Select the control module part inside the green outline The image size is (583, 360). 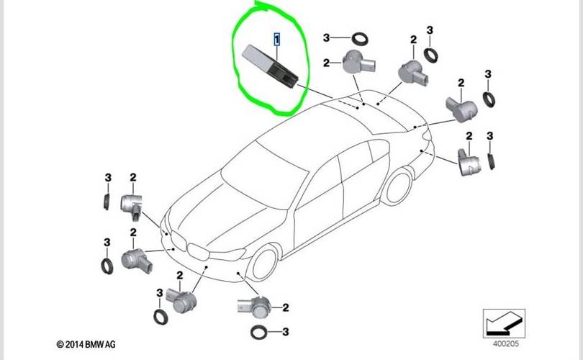point(271,64)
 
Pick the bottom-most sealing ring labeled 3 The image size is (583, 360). point(257,333)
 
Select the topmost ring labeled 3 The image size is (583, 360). point(358,37)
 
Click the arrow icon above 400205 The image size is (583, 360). point(505,319)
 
